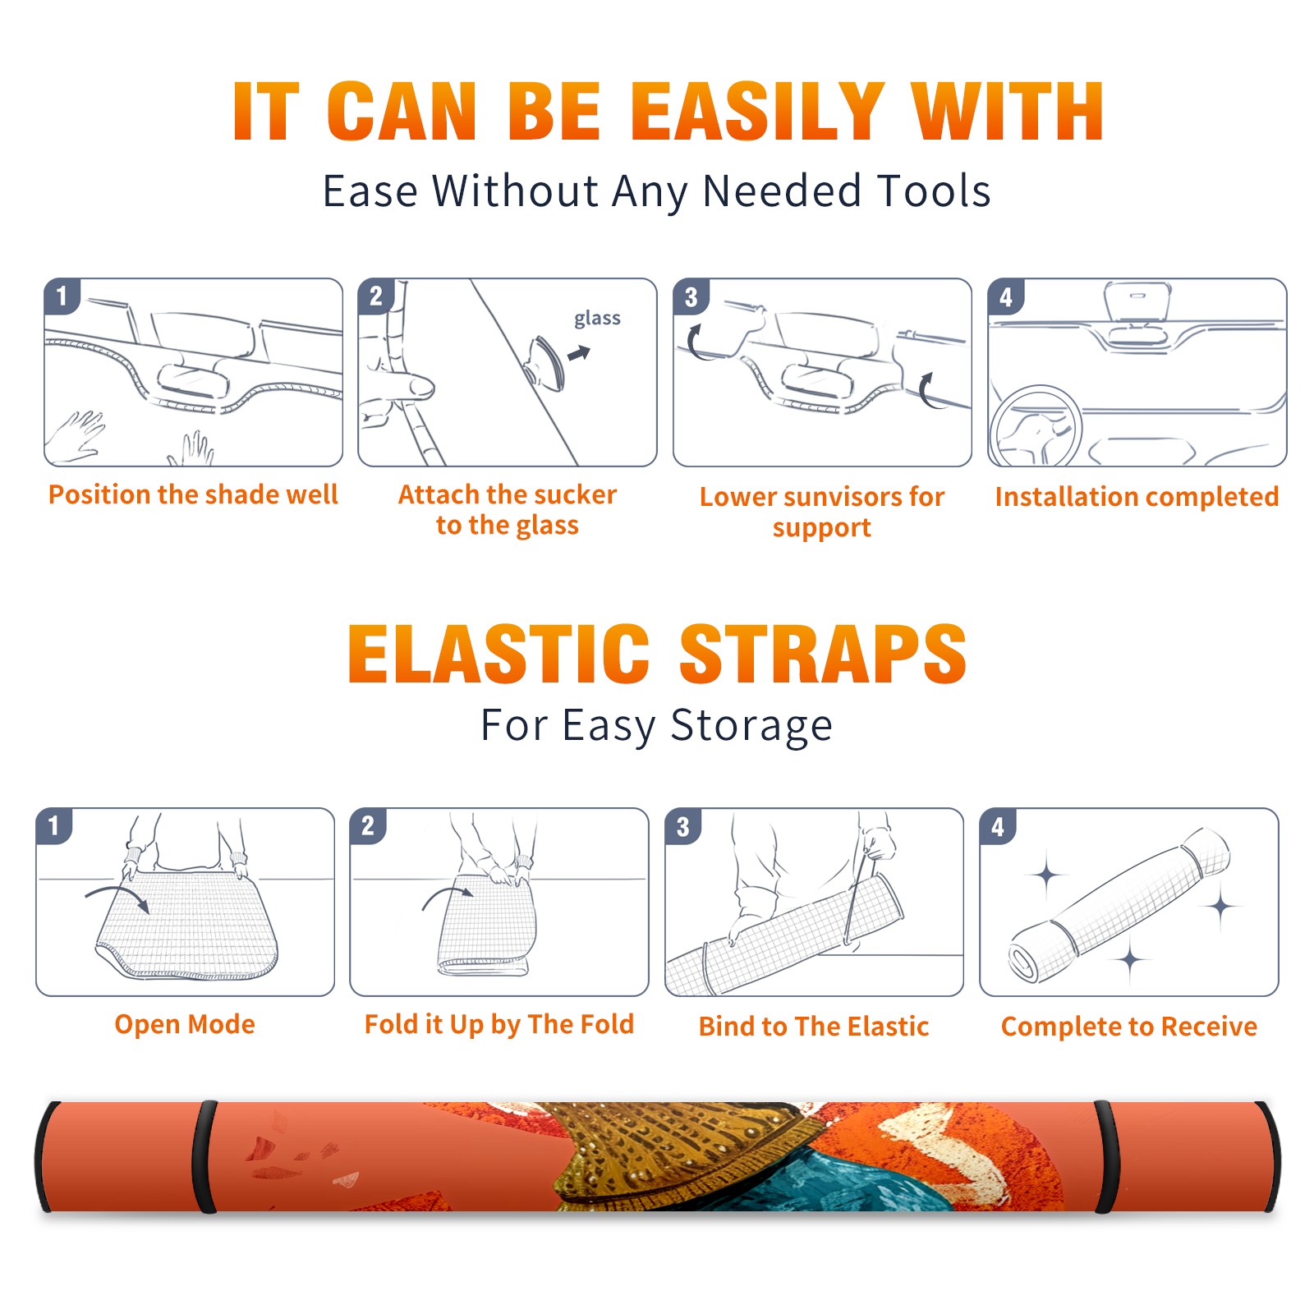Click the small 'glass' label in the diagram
[597, 319]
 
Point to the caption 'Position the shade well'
[193, 494]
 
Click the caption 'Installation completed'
[1137, 496]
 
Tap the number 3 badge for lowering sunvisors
[691, 296]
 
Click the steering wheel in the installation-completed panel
[1036, 427]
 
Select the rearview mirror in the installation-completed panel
[1137, 301]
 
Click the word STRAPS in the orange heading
[823, 654]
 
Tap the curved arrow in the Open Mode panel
[117, 893]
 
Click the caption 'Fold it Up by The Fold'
[499, 1024]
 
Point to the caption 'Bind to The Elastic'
[814, 1027]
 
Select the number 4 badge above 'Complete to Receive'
[998, 826]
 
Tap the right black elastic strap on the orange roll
[1105, 1157]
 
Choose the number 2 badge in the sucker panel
[376, 296]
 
